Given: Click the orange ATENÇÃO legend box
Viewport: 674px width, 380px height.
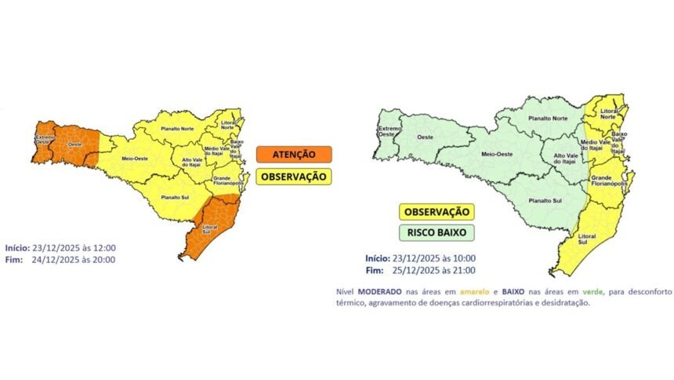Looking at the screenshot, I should pos(293,155).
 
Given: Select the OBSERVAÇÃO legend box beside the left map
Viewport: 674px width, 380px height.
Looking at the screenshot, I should pos(293,177).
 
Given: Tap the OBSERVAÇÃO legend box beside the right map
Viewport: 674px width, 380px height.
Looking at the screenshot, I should pos(437,212).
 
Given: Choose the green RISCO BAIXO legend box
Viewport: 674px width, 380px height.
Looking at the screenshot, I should pos(437,233).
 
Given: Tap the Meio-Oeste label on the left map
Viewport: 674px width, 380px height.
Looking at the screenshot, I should pos(136,159).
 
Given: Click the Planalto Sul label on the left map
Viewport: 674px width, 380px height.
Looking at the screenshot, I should pos(175,198).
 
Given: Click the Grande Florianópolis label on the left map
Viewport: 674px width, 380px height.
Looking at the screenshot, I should pos(228,182).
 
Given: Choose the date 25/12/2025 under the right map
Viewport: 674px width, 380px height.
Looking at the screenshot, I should pos(425,271).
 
